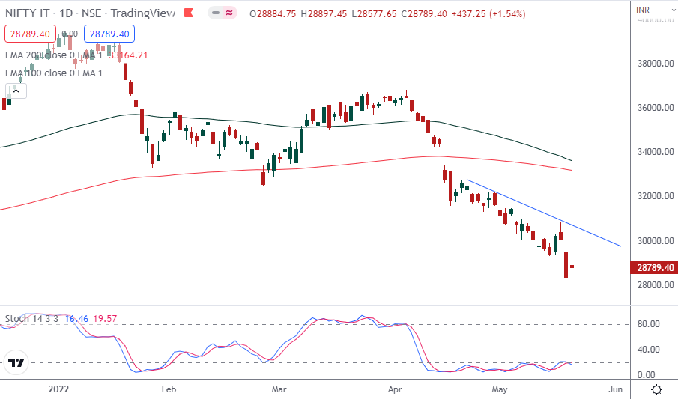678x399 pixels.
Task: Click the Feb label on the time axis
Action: pyautogui.click(x=168, y=389)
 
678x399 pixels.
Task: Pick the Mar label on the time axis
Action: pyautogui.click(x=279, y=389)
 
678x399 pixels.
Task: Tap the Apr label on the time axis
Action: pyautogui.click(x=396, y=389)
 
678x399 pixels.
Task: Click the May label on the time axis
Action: pyautogui.click(x=500, y=389)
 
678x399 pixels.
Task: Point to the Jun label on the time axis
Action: pyautogui.click(x=616, y=389)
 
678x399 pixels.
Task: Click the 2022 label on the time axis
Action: pyautogui.click(x=59, y=389)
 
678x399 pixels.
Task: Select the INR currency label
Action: pyautogui.click(x=643, y=10)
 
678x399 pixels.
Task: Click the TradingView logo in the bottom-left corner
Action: pyautogui.click(x=16, y=364)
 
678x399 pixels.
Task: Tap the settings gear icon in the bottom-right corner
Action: pyautogui.click(x=656, y=389)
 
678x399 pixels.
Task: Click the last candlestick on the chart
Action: pyautogui.click(x=572, y=267)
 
